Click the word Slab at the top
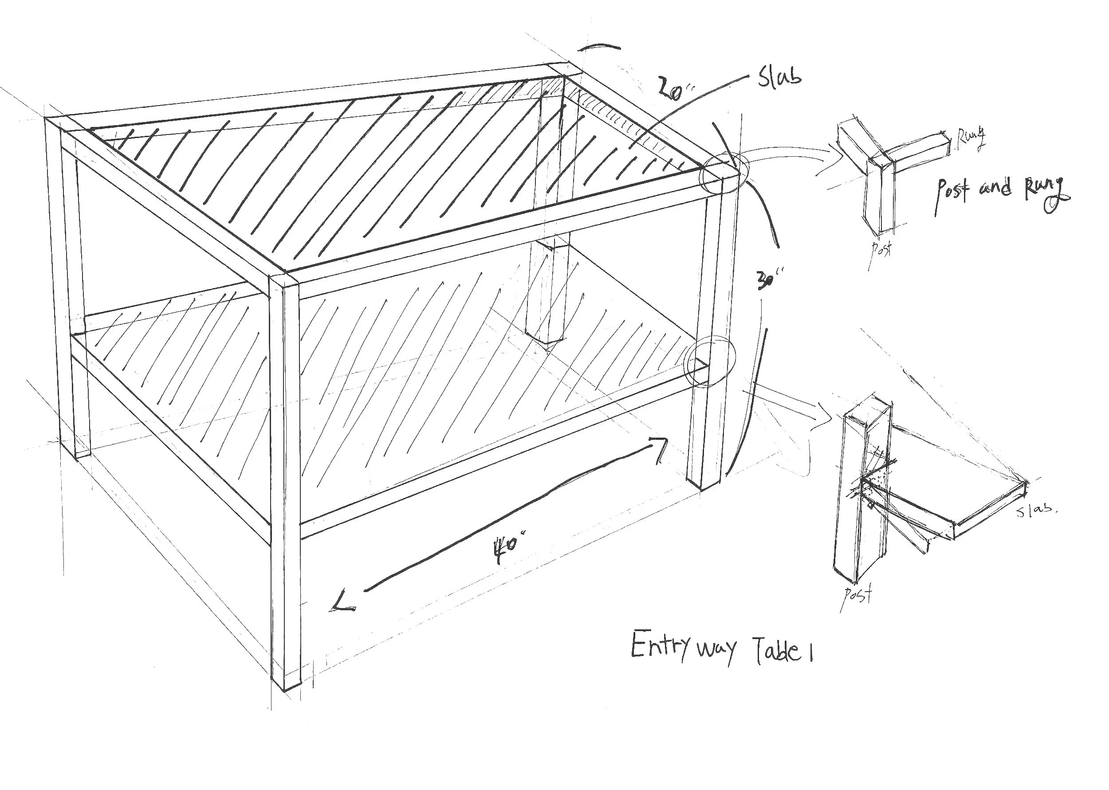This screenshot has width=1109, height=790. coord(779,78)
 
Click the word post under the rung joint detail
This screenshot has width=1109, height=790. coord(881,249)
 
